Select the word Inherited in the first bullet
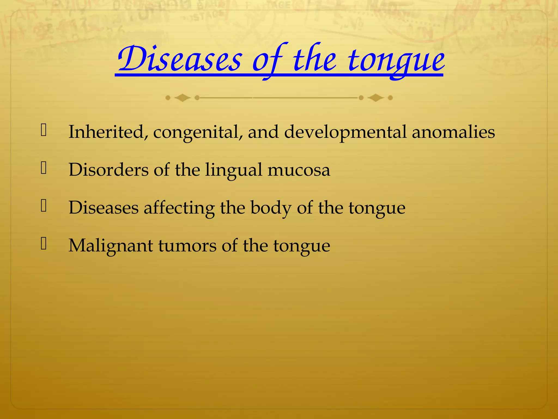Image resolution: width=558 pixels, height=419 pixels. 106,132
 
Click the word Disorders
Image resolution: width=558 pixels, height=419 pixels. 108,170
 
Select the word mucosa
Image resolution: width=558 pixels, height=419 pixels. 299,170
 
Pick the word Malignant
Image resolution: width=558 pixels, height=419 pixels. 110,246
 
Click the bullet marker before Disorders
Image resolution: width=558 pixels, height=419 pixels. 44,168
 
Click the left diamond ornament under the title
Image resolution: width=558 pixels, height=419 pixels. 182,98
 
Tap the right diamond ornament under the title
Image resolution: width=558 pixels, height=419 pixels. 376,98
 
